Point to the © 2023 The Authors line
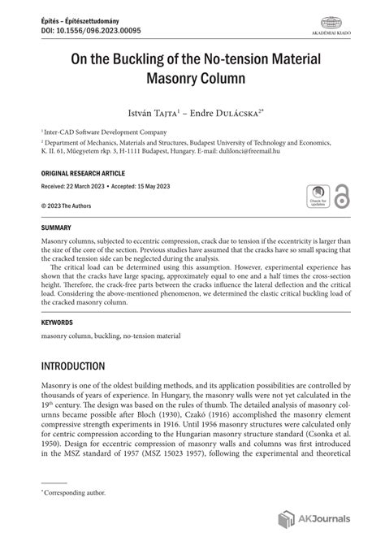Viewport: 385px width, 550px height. tap(67, 206)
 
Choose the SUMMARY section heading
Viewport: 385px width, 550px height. tap(56, 227)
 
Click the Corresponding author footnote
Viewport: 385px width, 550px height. tap(76, 492)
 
